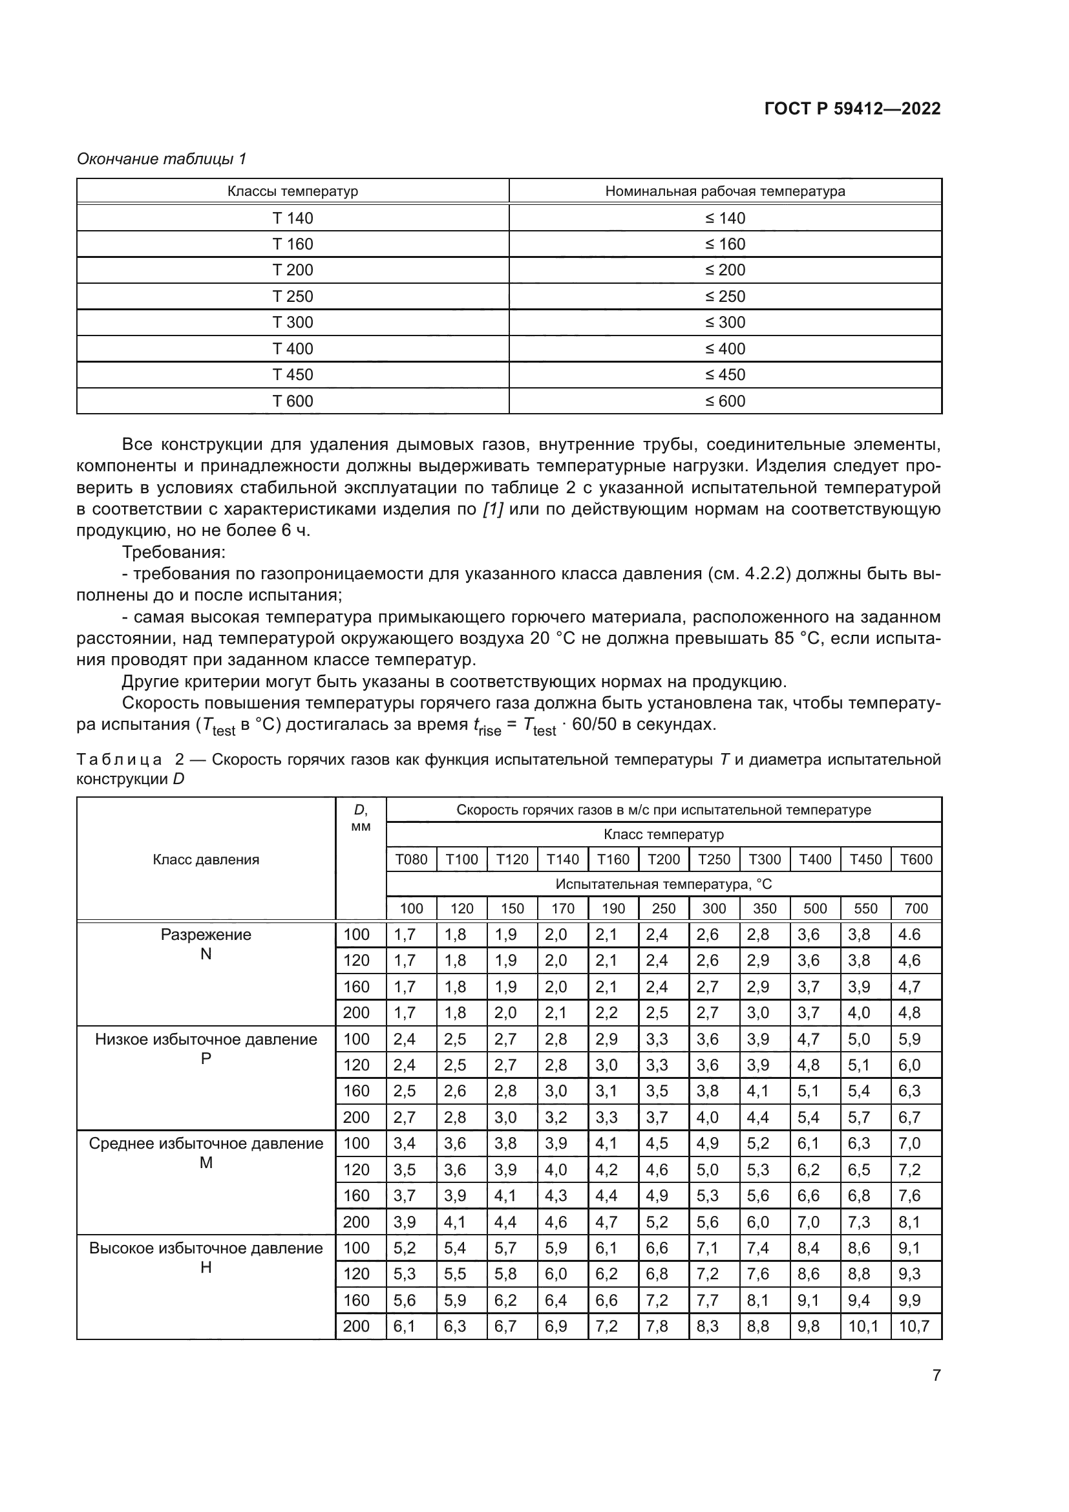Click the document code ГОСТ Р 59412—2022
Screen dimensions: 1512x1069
coord(852,109)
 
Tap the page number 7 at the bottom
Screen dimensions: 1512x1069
coord(936,1376)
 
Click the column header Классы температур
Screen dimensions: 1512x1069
coord(292,191)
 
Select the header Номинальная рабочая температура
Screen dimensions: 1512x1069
coord(725,191)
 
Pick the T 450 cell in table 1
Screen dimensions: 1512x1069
coord(292,375)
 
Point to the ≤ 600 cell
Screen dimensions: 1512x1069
coord(725,401)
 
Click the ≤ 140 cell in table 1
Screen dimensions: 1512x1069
coord(725,218)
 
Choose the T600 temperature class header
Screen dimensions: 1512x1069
coord(916,859)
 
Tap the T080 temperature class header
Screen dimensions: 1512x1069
coord(411,859)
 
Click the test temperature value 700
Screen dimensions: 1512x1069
coord(916,909)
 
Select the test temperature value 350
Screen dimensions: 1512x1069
coord(764,909)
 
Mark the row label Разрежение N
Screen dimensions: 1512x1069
coord(206,944)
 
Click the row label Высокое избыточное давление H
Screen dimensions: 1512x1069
coord(206,1257)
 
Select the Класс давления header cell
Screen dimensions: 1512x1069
coord(206,859)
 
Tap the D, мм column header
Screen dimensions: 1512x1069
coord(361,818)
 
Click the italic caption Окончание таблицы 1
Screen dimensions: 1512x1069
coord(162,159)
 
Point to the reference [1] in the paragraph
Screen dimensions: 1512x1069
coord(492,509)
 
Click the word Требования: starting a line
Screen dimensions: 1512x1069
coord(174,552)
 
